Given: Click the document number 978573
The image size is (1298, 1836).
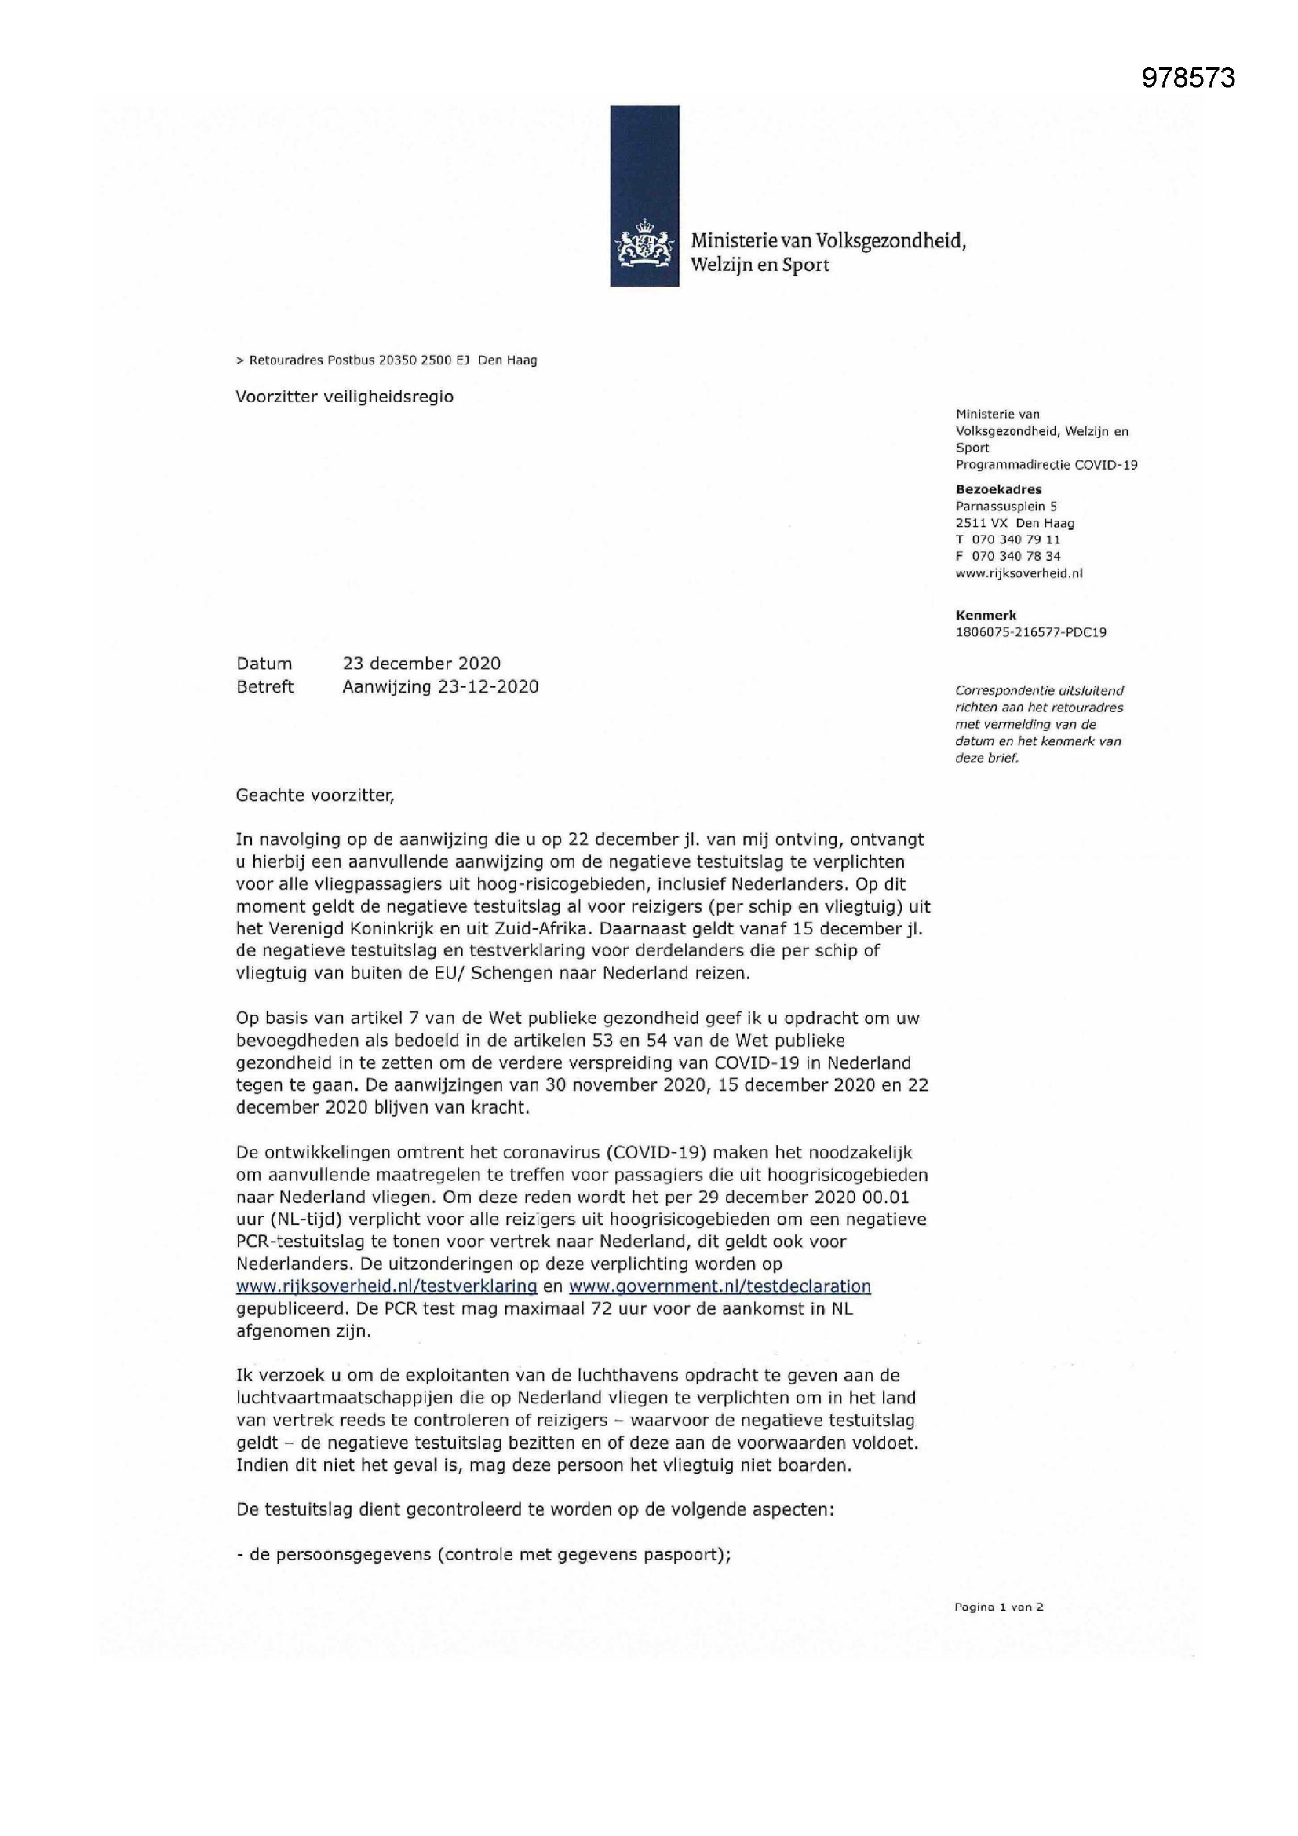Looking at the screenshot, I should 1187,78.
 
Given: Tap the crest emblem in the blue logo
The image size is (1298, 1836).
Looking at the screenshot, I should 644,247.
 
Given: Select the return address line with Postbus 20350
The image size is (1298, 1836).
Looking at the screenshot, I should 386,360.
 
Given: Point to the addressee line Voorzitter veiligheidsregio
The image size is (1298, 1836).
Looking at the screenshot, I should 345,397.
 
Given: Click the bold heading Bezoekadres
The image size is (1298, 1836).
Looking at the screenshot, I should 998,489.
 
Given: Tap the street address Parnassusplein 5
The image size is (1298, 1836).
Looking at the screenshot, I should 1005,507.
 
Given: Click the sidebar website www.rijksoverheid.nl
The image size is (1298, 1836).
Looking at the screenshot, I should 1019,573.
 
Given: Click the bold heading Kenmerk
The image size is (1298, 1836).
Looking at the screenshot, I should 986,615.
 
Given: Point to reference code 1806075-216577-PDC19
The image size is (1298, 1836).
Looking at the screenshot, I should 1030,631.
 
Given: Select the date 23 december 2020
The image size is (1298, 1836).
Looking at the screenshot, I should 421,664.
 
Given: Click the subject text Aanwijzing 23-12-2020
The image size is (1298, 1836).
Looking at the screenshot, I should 440,687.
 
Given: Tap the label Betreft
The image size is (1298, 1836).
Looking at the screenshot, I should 265,687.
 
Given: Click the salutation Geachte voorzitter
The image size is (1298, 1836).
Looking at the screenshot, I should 315,795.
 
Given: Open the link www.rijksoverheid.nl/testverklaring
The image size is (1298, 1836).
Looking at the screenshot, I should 386,1286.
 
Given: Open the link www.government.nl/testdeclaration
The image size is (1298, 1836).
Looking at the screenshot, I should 720,1286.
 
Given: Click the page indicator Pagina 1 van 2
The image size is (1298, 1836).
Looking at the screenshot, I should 998,1607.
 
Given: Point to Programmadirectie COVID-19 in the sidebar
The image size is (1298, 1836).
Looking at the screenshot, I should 1046,465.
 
